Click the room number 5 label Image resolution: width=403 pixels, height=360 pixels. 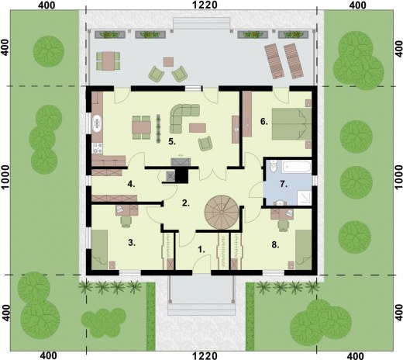coord(172,141)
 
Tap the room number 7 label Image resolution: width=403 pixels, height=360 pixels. coord(284,184)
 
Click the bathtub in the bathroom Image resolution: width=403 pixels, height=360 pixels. coord(296,167)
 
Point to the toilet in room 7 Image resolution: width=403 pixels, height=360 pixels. coord(274,166)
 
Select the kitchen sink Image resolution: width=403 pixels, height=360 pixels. coord(98,124)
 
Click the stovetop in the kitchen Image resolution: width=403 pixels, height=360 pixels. coord(98,148)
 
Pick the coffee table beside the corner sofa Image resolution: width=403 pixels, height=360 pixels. coord(198,128)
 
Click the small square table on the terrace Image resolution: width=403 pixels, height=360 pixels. coord(168,62)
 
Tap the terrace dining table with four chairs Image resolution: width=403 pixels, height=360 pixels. coord(108,61)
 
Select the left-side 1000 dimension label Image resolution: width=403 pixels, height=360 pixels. coord(5,178)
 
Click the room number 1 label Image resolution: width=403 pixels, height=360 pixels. coord(201,250)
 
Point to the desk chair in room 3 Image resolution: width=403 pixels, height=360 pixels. coord(126,222)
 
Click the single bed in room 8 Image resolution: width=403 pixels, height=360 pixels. coord(303,250)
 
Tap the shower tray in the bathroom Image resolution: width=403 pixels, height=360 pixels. coord(305,198)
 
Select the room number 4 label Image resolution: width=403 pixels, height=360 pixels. coord(131,184)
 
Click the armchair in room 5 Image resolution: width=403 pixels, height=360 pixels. coord(205,144)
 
